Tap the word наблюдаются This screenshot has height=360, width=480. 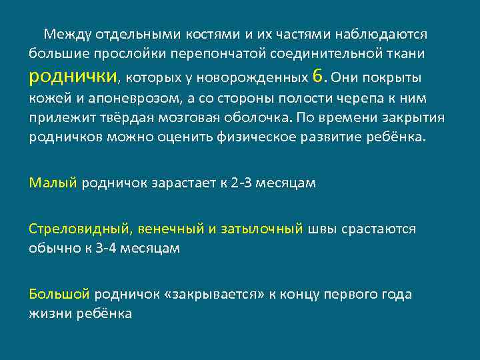[383, 33]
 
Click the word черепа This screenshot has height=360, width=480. [375, 99]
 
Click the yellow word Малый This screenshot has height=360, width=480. [53, 182]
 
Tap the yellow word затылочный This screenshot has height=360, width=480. [263, 229]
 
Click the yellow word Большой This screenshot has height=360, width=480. [59, 293]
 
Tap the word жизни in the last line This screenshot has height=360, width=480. [49, 313]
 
